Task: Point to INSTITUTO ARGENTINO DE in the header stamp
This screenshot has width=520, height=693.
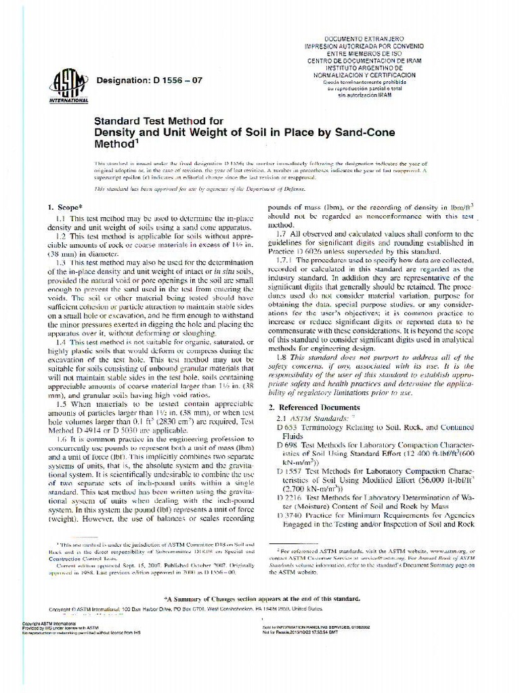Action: click(374, 68)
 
